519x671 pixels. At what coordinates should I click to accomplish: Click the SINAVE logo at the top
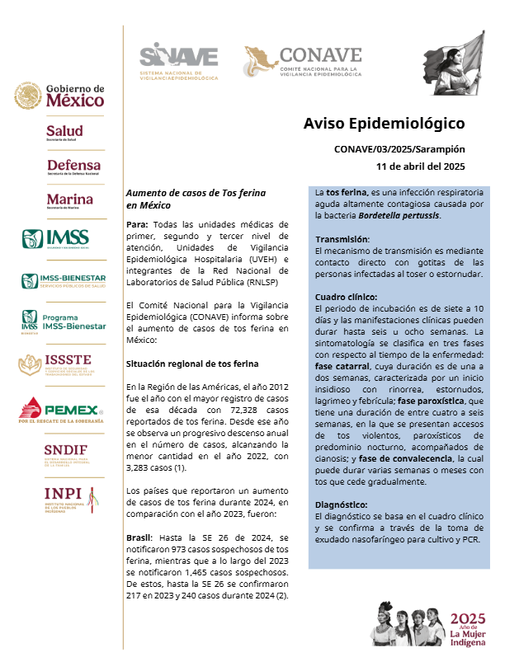(x=179, y=60)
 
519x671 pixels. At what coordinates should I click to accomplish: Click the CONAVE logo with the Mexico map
(x=303, y=61)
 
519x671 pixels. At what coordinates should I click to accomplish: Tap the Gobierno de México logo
(x=59, y=96)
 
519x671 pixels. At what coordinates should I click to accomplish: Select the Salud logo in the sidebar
(x=64, y=133)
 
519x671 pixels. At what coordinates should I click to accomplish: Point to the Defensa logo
(x=73, y=167)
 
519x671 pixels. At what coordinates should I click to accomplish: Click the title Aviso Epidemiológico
(x=385, y=124)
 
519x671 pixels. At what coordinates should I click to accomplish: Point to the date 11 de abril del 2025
(x=421, y=165)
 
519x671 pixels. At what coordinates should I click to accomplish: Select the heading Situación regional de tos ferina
(x=192, y=364)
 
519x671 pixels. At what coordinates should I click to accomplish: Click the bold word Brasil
(x=139, y=537)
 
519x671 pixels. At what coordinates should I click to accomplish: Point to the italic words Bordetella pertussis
(x=399, y=215)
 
